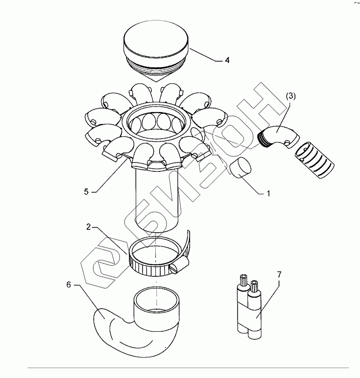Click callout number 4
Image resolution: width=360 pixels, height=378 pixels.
click(227, 60)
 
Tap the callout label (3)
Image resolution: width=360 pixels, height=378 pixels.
click(291, 96)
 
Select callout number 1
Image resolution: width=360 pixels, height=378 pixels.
click(268, 193)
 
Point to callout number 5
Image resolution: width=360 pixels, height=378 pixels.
click(86, 192)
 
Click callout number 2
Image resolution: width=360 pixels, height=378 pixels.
click(89, 227)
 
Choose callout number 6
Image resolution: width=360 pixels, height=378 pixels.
click(69, 285)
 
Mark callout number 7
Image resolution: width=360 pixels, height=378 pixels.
click(279, 274)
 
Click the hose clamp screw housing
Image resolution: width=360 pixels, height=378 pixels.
click(180, 265)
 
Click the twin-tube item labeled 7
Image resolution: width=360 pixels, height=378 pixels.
click(249, 306)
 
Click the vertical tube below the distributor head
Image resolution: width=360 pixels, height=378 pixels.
click(157, 200)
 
